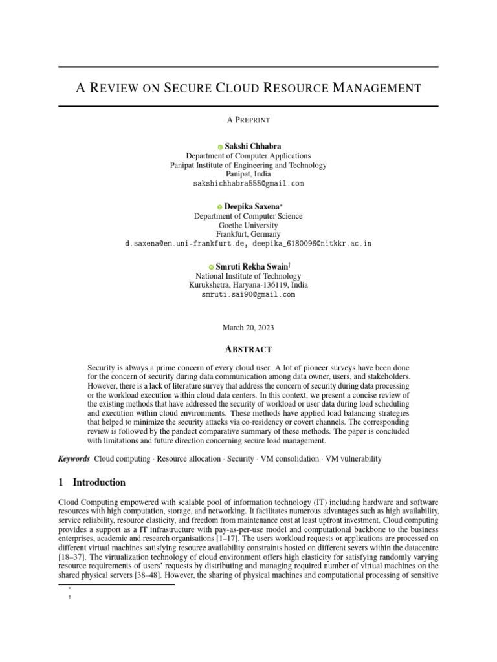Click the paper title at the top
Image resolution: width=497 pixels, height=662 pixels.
(x=248, y=88)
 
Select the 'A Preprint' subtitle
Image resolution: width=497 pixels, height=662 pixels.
(x=248, y=120)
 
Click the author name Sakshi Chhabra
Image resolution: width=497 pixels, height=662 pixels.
(x=252, y=147)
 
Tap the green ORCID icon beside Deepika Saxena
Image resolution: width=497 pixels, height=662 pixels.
(x=220, y=207)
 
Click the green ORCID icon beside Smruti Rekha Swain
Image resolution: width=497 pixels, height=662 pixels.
(x=211, y=267)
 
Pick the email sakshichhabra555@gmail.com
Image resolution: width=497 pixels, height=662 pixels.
(x=248, y=184)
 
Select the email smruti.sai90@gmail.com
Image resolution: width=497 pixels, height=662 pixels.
(x=248, y=294)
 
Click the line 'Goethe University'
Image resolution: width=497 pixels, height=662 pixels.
(x=248, y=226)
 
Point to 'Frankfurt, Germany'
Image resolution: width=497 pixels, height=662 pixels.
(x=248, y=234)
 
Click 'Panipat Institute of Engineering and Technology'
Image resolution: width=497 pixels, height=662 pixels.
(x=248, y=165)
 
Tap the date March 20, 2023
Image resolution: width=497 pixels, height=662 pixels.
(x=248, y=328)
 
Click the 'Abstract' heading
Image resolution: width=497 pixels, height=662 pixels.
(x=248, y=349)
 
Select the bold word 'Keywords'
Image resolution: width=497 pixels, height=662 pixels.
(x=74, y=459)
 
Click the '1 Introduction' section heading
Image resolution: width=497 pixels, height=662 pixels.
(x=92, y=482)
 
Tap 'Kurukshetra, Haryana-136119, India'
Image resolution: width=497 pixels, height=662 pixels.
(x=248, y=285)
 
